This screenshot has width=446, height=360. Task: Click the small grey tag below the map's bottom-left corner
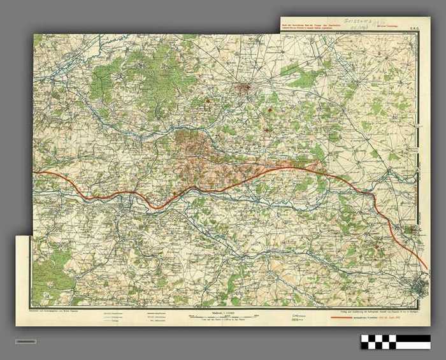point(25,342)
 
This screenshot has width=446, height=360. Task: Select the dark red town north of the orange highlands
point(243,89)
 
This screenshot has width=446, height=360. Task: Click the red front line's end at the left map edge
point(36,173)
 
